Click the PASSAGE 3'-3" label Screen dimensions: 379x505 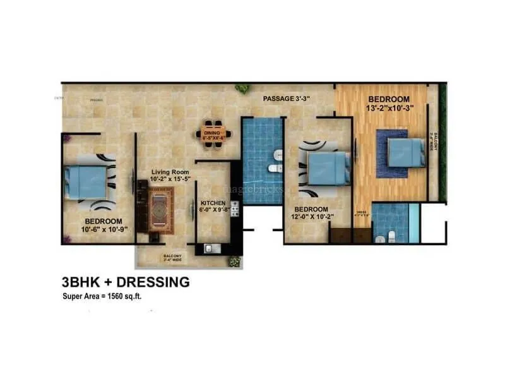[290, 99]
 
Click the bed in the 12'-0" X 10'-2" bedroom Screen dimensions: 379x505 [328, 169]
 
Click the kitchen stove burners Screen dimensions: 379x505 [234, 209]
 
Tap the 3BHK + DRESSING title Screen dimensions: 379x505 [126, 282]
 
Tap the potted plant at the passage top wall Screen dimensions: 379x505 [242, 88]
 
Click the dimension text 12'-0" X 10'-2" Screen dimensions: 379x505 [312, 217]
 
